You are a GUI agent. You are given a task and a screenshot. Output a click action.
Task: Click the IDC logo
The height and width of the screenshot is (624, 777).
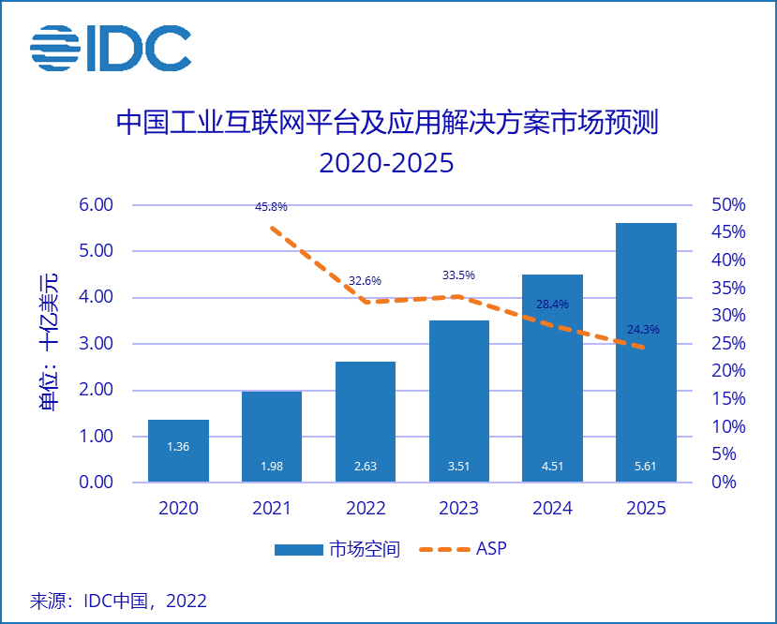[x=110, y=48]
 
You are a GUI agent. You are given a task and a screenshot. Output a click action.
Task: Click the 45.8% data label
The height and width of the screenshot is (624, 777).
[x=271, y=206]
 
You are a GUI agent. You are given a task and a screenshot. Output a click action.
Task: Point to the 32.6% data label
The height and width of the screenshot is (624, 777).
[x=365, y=280]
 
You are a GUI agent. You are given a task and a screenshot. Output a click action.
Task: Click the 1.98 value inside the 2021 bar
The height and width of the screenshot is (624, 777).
[x=272, y=467]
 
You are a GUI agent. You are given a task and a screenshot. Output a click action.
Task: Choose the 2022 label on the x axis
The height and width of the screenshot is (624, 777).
[x=366, y=509]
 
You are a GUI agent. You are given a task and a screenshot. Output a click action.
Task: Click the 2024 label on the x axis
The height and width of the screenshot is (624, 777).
[x=553, y=509]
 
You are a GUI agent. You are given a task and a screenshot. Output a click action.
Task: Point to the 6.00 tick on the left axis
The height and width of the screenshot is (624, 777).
[x=94, y=205]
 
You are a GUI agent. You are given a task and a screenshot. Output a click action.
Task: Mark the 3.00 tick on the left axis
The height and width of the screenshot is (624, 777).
[x=94, y=344]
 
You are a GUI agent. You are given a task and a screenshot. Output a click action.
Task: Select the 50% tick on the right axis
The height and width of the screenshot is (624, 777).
[x=728, y=205]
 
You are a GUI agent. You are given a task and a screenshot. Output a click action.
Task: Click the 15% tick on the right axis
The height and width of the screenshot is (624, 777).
[x=728, y=399]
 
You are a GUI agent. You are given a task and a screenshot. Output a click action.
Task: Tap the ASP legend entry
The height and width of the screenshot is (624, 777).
[x=466, y=549]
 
